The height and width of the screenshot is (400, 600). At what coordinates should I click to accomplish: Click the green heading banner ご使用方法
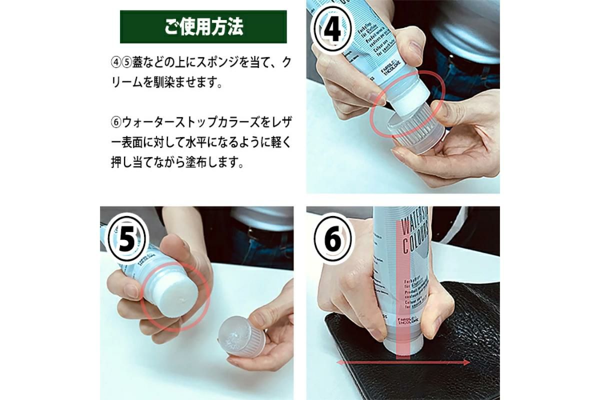tap(203, 27)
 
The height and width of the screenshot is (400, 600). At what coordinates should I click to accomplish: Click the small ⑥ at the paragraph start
tap(116, 121)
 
